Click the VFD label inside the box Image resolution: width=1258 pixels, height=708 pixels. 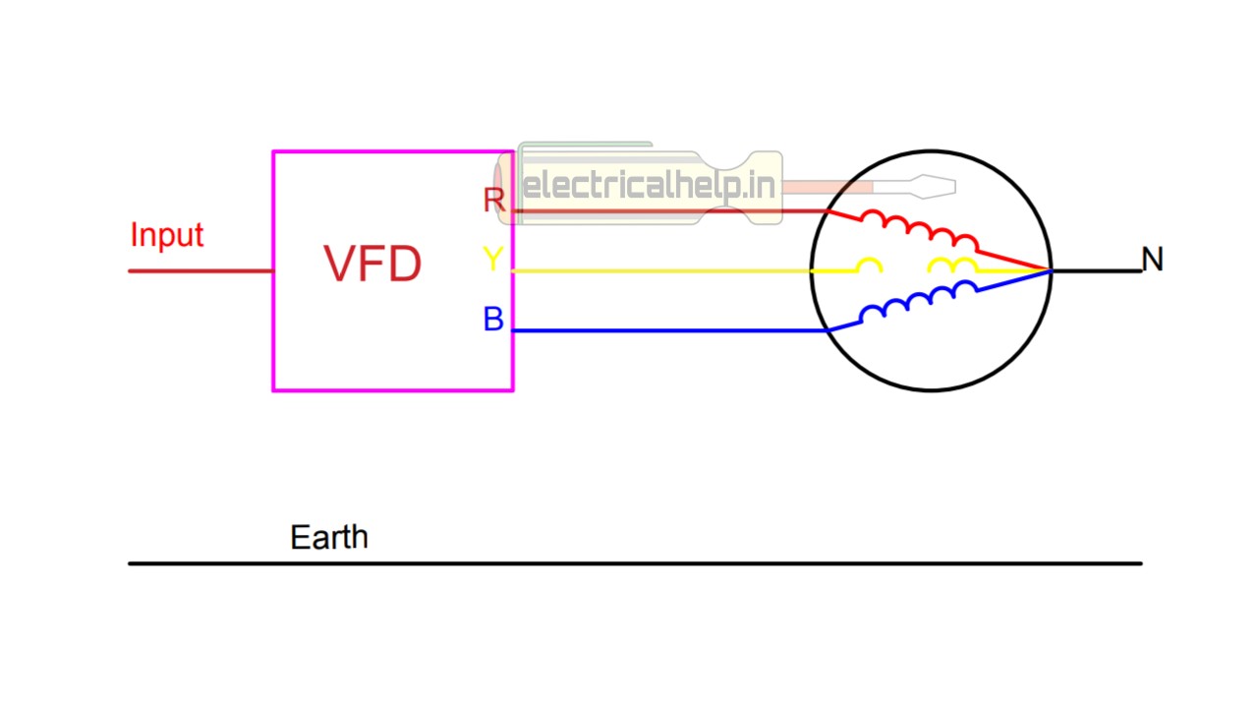tap(372, 264)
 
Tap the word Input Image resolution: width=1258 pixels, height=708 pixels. tap(166, 235)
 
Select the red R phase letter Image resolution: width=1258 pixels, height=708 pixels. tap(493, 201)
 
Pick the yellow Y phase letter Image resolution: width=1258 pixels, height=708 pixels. tap(492, 260)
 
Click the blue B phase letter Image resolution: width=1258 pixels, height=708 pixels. tap(493, 320)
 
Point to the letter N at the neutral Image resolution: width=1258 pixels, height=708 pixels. tap(1152, 260)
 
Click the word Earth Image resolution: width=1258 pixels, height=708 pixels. tap(329, 537)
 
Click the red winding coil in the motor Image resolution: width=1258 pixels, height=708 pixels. tap(918, 229)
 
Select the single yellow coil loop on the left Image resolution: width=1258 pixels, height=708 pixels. tap(869, 265)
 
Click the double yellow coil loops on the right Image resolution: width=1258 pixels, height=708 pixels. tap(952, 265)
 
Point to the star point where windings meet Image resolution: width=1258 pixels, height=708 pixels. tap(1050, 270)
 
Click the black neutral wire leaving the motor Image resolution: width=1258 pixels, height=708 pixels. tap(1096, 270)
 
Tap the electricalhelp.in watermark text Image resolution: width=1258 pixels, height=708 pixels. tap(650, 186)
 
